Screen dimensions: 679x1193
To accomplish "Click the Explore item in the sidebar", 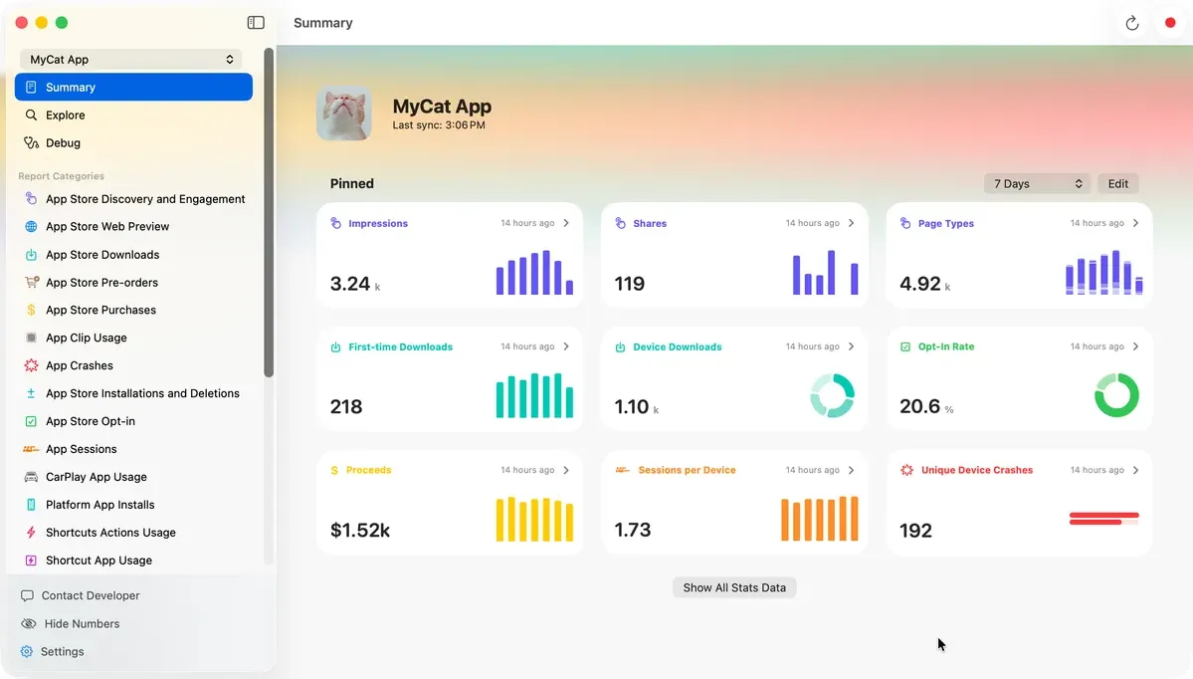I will (65, 115).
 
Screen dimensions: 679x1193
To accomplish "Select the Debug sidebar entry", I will (63, 143).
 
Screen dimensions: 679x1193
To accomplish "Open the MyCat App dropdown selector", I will (130, 60).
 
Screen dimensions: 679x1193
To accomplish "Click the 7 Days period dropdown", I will (1037, 184).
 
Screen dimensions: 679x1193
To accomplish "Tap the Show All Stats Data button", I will (734, 588).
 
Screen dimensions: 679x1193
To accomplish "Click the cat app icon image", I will (344, 113).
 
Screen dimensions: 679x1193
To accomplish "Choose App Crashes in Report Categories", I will (79, 366).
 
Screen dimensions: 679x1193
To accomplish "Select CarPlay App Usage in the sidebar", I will (96, 477).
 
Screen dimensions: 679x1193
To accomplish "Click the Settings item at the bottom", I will (62, 652).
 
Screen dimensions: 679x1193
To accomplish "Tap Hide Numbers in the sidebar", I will (82, 624).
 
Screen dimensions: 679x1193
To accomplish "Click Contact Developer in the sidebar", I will (90, 596).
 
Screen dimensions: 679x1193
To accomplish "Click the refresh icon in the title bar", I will (1131, 24).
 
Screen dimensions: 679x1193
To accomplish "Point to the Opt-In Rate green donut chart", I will (1116, 395).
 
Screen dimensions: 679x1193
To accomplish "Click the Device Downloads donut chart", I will (832, 395).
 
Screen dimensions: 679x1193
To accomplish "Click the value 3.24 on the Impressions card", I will (350, 284).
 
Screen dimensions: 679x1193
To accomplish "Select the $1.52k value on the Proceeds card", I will (359, 531).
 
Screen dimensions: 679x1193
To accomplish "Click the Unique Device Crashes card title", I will (976, 471).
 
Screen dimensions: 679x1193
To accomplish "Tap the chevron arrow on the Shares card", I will (851, 224).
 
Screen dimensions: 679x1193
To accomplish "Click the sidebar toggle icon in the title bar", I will (256, 23).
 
